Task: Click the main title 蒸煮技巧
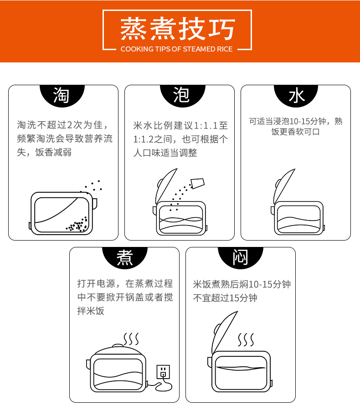[177, 29]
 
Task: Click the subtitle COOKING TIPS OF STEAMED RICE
[176, 49]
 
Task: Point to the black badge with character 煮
[125, 257]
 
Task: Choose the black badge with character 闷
[240, 257]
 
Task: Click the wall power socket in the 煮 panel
[163, 371]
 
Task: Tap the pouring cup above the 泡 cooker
[198, 183]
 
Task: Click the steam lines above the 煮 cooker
[131, 339]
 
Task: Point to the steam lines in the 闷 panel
[246, 340]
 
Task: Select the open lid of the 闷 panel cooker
[225, 332]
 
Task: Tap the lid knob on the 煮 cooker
[118, 345]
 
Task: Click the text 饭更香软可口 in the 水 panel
[296, 132]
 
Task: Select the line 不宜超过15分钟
[225, 298]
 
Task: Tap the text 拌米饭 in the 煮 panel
[91, 311]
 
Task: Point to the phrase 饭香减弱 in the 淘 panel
[53, 153]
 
